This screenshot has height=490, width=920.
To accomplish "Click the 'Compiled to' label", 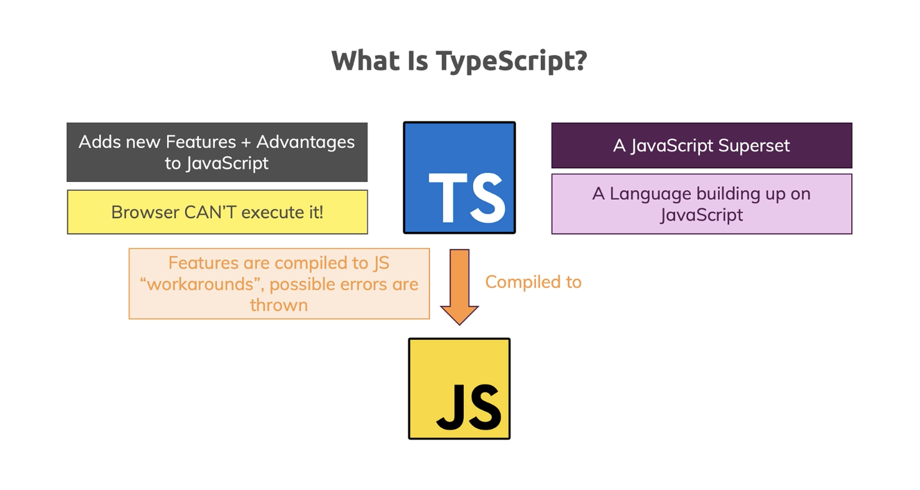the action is (x=533, y=282).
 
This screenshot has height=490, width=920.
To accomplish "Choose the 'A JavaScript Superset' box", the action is (x=701, y=145).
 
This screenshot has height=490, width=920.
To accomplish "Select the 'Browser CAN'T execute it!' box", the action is (x=217, y=212).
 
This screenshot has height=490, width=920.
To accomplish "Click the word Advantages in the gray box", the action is (x=305, y=142).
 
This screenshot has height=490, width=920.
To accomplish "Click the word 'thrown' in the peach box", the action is (x=279, y=305).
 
